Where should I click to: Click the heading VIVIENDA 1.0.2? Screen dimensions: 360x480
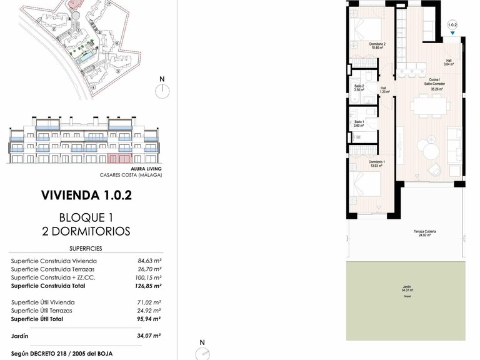pos(86,194)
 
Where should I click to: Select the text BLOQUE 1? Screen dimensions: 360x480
pos(86,218)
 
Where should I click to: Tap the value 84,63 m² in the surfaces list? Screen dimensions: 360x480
pos(149,261)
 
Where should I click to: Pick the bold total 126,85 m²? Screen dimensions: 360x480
pos(149,286)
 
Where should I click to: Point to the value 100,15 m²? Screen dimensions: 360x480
pos(149,277)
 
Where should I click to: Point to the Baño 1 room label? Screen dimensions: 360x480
pos(359,123)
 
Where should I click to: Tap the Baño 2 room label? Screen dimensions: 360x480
pos(359,87)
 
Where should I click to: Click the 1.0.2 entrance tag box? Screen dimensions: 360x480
pos(452,27)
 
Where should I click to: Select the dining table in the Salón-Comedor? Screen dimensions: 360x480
pos(429,107)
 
